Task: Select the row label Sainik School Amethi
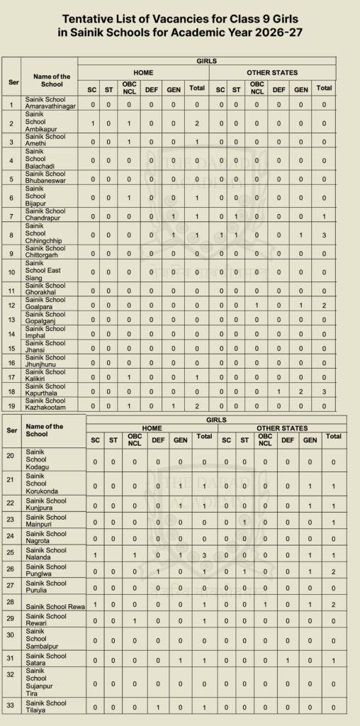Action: click(x=45, y=142)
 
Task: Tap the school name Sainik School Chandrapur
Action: click(x=45, y=215)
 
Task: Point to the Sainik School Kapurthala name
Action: click(x=45, y=391)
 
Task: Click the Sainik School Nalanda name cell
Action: click(x=45, y=553)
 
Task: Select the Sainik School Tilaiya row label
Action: click(x=45, y=707)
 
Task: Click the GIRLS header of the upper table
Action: click(x=206, y=62)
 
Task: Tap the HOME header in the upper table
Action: click(x=144, y=73)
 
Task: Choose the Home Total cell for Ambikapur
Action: click(x=196, y=124)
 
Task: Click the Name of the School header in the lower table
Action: click(x=44, y=430)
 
